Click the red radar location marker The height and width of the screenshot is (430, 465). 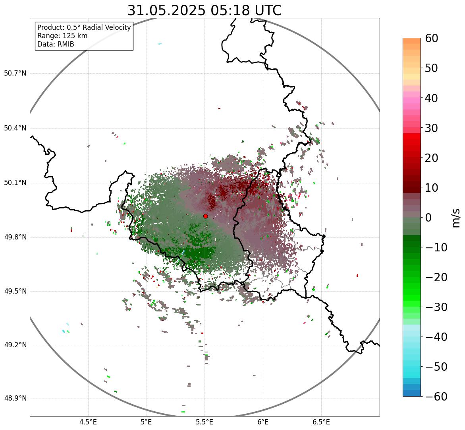point(206,216)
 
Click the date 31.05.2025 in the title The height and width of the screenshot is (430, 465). point(166,10)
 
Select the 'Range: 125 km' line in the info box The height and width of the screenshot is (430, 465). point(62,36)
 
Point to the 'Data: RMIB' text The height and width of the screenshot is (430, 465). point(56,44)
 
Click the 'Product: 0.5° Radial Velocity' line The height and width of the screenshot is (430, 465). point(84,27)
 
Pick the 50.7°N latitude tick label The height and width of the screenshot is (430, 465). point(15,74)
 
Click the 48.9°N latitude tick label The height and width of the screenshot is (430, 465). point(15,399)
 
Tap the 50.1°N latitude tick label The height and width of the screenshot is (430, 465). point(15,183)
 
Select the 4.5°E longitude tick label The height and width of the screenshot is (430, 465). point(88,422)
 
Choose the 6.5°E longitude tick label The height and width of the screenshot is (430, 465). point(321,422)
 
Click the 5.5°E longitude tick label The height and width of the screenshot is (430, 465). point(205,422)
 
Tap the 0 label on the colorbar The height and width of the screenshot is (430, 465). point(428,218)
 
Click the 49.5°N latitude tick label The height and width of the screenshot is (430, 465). point(15,292)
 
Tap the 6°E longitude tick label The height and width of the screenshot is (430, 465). point(263,422)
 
